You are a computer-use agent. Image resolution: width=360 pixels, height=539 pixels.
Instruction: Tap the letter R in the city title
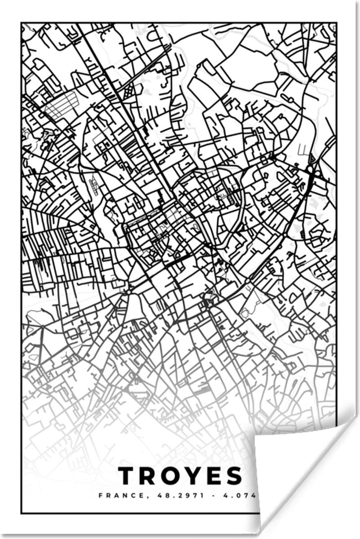pos(150,477)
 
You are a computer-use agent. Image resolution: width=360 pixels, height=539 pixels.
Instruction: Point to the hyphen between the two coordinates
pos(202,496)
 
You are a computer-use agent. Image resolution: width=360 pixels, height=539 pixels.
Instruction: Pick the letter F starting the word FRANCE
pos(100,496)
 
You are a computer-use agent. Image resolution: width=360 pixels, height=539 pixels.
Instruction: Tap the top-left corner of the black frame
pos(22,23)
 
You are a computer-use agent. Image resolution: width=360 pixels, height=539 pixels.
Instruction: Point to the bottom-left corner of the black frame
pos(22,513)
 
